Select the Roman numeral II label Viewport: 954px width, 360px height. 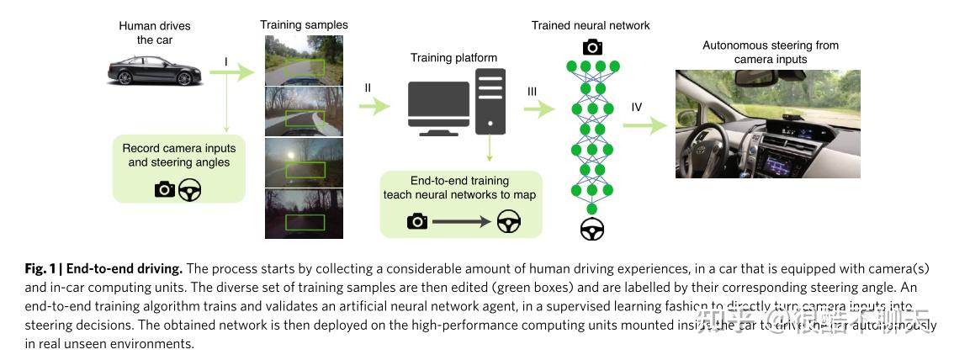click(368, 87)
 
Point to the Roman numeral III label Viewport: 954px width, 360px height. click(531, 92)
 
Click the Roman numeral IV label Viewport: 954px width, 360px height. click(637, 107)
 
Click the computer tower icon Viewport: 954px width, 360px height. click(490, 101)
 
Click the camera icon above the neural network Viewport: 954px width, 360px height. click(592, 46)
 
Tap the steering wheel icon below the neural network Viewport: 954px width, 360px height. click(592, 229)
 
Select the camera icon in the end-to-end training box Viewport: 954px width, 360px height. click(416, 220)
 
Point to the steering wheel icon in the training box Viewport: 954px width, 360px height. click(507, 220)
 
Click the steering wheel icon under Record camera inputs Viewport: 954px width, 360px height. click(190, 189)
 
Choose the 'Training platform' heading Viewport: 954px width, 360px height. click(453, 58)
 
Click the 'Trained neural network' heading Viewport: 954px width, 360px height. click(591, 25)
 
